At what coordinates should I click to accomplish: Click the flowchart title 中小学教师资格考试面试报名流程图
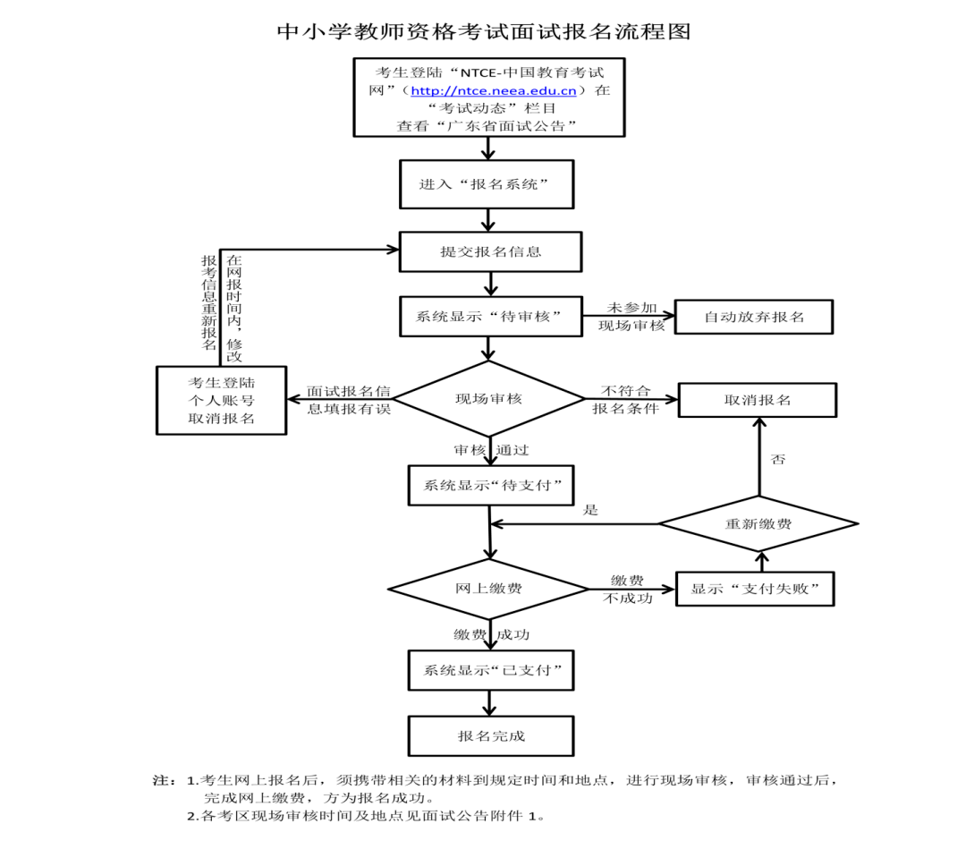[x=485, y=31]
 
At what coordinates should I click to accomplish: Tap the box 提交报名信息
[x=490, y=251]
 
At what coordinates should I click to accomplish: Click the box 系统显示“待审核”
[x=490, y=316]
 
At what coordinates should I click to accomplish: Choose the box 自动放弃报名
[x=754, y=317]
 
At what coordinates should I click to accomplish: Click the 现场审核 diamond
[x=488, y=399]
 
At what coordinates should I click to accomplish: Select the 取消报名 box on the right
[x=757, y=400]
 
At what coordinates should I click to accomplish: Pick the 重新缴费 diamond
[x=758, y=523]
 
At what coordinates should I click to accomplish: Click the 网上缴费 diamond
[x=488, y=589]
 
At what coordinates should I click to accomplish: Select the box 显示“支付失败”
[x=754, y=589]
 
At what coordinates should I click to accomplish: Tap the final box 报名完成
[x=490, y=735]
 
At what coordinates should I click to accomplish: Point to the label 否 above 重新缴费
[x=777, y=459]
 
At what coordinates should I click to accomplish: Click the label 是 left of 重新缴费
[x=590, y=510]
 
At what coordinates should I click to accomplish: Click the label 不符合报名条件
[x=625, y=400]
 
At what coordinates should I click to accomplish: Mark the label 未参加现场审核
[x=631, y=317]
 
